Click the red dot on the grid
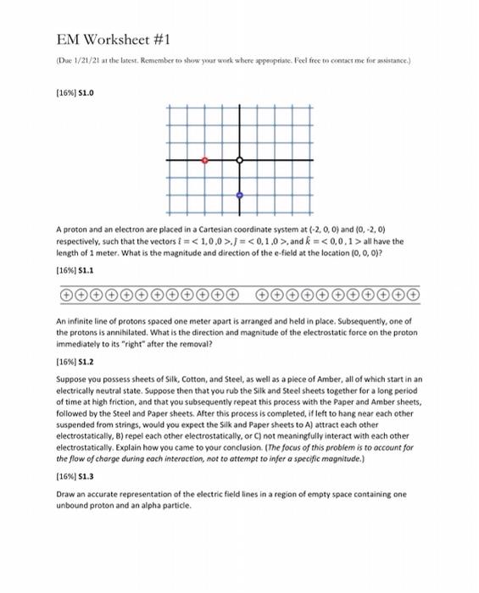click(204, 159)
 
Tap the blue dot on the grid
click(240, 195)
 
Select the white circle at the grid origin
click(240, 159)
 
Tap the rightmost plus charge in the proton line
click(414, 295)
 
